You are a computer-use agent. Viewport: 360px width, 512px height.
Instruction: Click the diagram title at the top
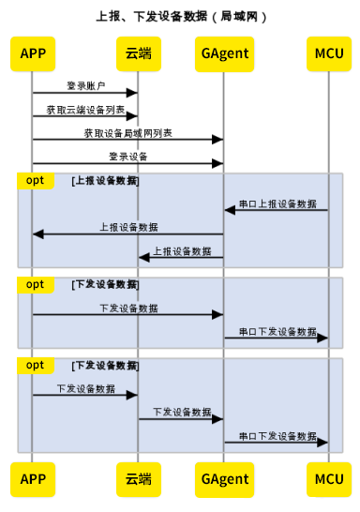point(180,16)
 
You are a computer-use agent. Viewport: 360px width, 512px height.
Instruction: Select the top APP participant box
point(32,53)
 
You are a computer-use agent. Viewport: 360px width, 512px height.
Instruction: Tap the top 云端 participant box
point(139,53)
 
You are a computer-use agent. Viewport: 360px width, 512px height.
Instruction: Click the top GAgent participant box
point(224,53)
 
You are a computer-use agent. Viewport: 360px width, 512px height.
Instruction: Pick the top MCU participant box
point(329,53)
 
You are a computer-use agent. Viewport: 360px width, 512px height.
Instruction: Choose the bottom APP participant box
point(32,479)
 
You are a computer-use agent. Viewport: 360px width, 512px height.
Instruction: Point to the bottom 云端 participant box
point(139,479)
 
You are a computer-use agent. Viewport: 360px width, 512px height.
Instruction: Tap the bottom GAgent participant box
point(224,479)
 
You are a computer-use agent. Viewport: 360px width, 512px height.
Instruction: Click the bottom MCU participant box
point(329,479)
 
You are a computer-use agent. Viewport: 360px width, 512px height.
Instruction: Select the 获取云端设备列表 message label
point(85,110)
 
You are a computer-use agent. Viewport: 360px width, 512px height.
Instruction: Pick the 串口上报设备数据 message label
point(277,203)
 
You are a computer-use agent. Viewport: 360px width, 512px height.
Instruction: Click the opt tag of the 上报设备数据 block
point(35,179)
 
